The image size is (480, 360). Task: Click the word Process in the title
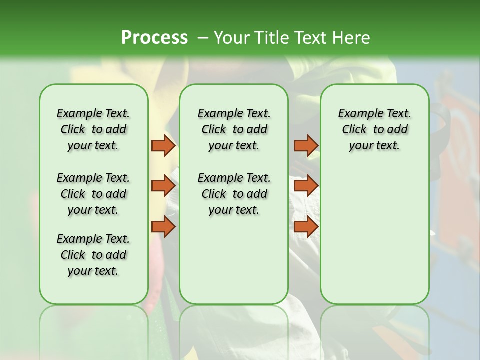[x=154, y=37]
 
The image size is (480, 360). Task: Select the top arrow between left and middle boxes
[x=163, y=146]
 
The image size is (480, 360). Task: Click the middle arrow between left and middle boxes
[x=163, y=186]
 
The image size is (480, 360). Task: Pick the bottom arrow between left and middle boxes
[x=163, y=227]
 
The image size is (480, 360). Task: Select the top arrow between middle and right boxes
[x=305, y=146]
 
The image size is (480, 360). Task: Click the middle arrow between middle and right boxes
[x=305, y=186]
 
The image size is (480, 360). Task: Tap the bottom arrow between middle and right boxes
[x=305, y=227]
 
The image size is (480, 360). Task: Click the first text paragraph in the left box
[x=93, y=129]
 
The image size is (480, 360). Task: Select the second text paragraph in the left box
[x=93, y=194]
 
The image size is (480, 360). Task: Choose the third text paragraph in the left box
[x=93, y=255]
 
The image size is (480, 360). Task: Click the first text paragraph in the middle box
[x=234, y=129]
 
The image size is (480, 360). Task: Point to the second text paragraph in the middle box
[x=234, y=194]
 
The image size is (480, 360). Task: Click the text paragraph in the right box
[x=374, y=129]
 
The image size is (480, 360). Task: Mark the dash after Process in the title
[x=203, y=37]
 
